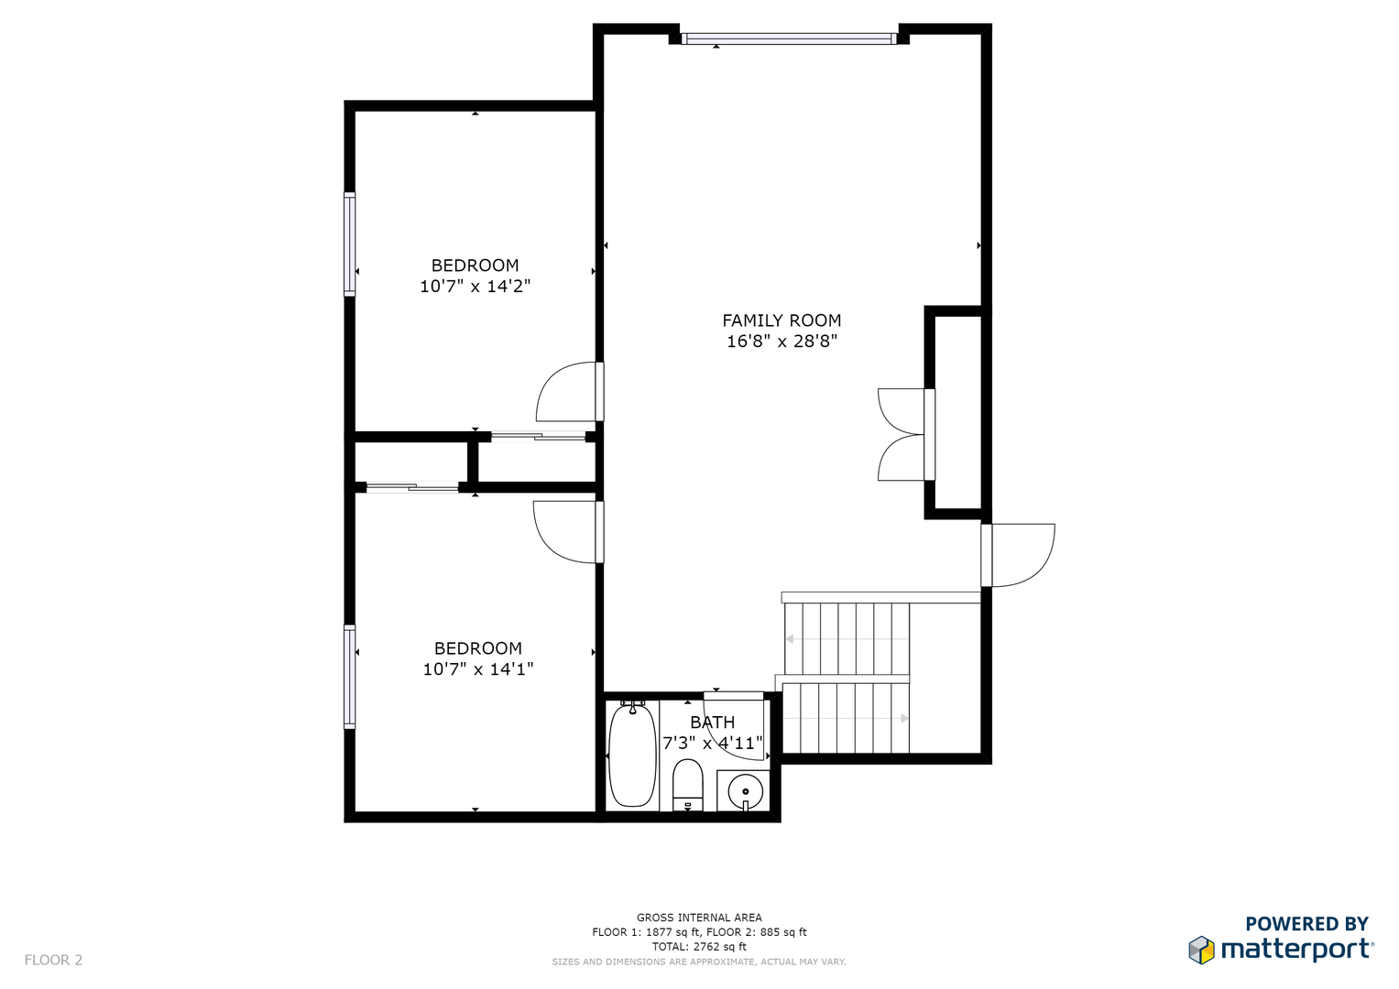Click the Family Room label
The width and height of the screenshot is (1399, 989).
(x=781, y=321)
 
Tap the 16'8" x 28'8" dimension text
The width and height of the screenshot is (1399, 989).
(x=781, y=342)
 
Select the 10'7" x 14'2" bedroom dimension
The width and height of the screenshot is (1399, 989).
(x=475, y=287)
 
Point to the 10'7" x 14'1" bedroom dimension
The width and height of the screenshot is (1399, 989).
(x=477, y=669)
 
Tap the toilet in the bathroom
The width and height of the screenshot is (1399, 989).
(x=688, y=786)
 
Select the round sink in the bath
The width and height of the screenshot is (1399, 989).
(x=745, y=792)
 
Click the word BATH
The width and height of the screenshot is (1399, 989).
(x=712, y=723)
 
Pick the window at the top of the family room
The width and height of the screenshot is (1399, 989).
(x=789, y=38)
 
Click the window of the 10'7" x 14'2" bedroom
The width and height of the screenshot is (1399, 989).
(x=350, y=245)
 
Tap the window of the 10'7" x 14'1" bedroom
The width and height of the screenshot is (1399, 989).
(x=350, y=677)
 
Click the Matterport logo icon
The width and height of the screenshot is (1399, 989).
(x=1201, y=950)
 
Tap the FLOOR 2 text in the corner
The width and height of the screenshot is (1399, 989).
(x=53, y=960)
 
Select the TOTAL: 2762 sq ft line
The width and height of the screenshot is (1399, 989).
(x=699, y=947)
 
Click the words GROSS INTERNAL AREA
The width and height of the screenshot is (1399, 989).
(x=699, y=918)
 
